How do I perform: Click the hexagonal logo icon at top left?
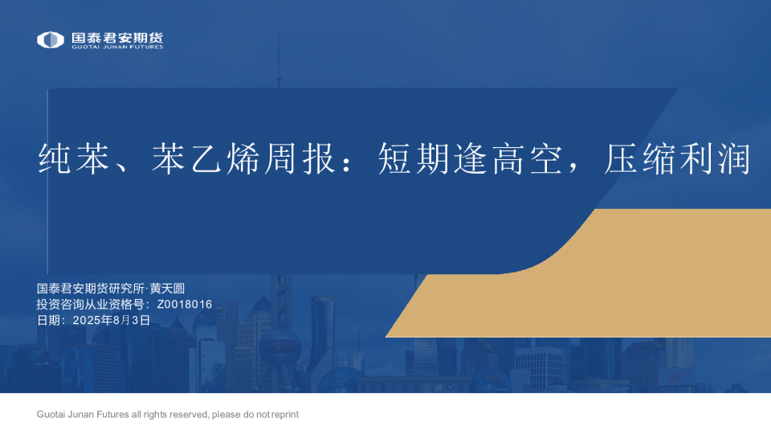[x=51, y=39]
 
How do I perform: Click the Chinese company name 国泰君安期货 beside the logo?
[x=116, y=37]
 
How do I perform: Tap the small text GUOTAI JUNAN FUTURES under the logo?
[x=116, y=47]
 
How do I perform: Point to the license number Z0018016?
[x=185, y=305]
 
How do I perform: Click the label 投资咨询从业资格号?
[x=89, y=305]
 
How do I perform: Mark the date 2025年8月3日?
[x=111, y=320]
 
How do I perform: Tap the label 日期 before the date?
[x=49, y=320]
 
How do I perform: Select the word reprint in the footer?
[x=285, y=415]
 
